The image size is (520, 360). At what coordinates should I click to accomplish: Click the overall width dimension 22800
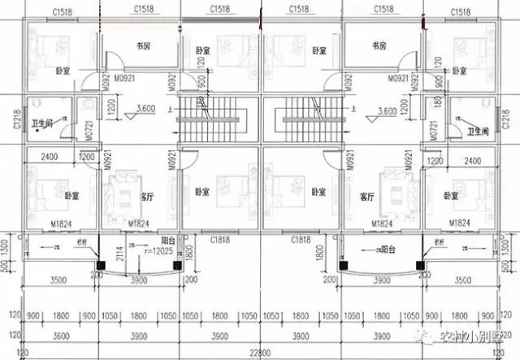point(260,351)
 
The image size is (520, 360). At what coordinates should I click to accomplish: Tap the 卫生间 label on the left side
point(41,124)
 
